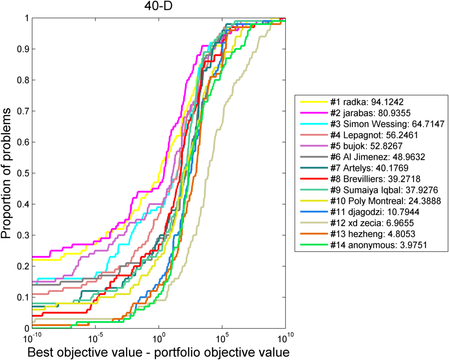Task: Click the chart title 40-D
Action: click(x=158, y=6)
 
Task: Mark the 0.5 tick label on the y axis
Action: click(x=20, y=173)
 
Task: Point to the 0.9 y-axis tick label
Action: click(x=20, y=49)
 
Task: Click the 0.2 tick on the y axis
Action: click(x=20, y=266)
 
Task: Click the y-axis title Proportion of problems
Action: click(x=8, y=173)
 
